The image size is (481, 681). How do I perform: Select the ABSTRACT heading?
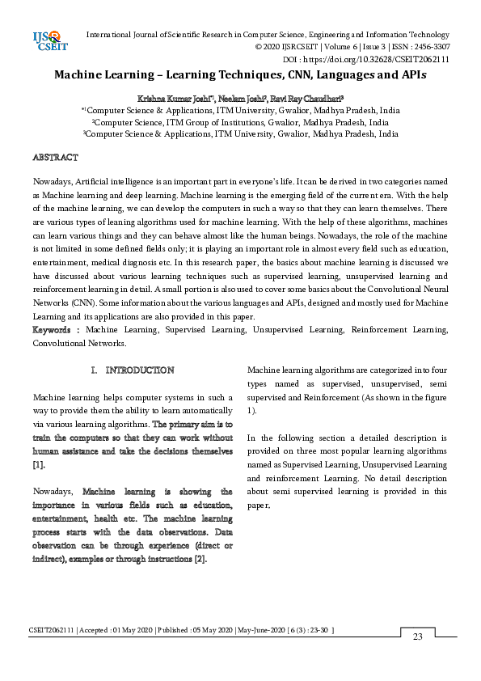55,157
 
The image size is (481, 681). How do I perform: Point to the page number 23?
418,637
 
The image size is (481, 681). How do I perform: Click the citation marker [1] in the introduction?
38,465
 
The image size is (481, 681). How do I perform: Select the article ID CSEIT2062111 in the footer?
52,630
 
